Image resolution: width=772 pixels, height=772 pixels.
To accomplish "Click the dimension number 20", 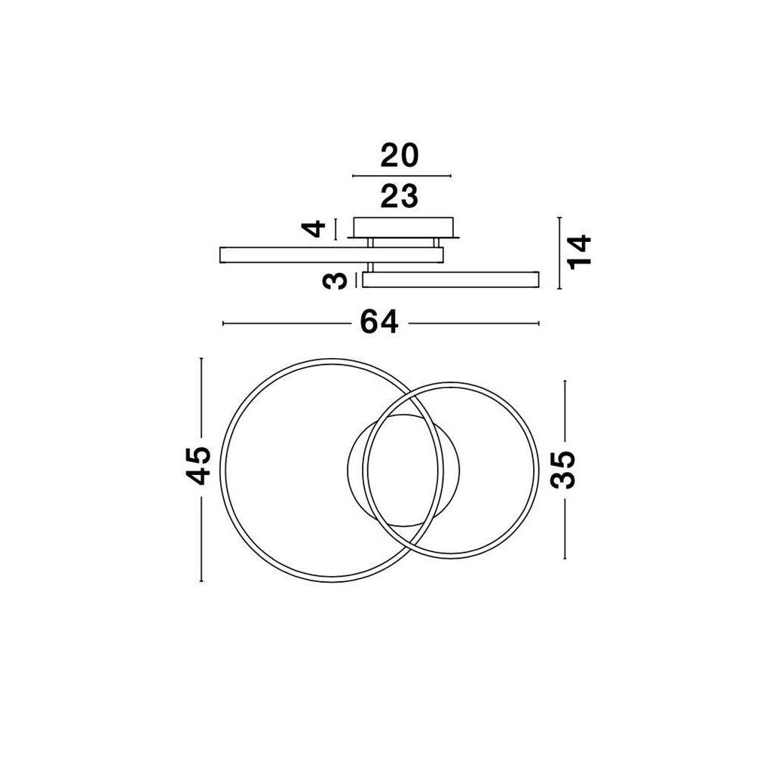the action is point(400,155).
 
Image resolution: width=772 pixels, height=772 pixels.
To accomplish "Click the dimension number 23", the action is point(400,195).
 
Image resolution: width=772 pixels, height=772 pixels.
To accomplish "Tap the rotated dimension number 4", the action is point(314,228).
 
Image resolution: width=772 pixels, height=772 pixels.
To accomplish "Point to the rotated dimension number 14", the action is point(580,252).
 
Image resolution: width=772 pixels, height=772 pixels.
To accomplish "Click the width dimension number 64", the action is point(378,323).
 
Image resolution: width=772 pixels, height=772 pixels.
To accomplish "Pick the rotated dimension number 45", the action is point(198,465).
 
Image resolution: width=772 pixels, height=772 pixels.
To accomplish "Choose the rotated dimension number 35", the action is point(562,470).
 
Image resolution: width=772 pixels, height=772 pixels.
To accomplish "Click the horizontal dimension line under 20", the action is point(402,176).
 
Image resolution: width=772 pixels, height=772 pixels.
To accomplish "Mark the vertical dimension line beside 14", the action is point(559,253).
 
